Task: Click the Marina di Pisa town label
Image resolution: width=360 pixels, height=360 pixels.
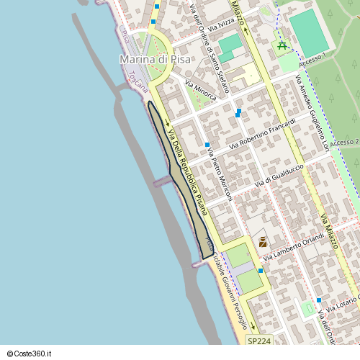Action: (x=155, y=59)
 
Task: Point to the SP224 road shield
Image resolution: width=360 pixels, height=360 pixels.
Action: (x=259, y=341)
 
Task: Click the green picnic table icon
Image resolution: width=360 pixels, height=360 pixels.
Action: (x=282, y=47)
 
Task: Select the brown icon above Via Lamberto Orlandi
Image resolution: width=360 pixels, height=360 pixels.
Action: (x=262, y=242)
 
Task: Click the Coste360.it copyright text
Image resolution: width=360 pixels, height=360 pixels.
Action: (x=27, y=354)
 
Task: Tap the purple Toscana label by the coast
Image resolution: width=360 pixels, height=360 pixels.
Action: (x=137, y=81)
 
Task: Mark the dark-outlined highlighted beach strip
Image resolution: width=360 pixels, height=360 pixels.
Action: (x=180, y=180)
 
